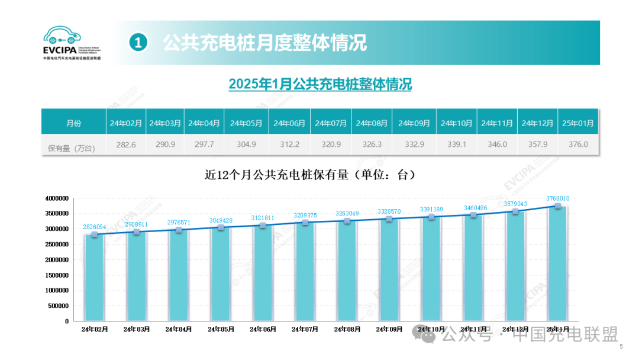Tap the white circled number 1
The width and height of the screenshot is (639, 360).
pyautogui.click(x=138, y=43)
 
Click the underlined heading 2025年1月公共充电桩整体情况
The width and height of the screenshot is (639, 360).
pyautogui.click(x=320, y=84)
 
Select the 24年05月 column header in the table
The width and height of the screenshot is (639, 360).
pyautogui.click(x=246, y=123)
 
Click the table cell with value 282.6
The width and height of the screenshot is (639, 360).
pyautogui.click(x=125, y=144)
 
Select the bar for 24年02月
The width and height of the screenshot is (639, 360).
pyautogui.click(x=95, y=278)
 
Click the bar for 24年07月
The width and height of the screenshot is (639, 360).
pyautogui.click(x=305, y=272)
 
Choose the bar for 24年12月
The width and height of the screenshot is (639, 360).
pyautogui.click(x=515, y=266)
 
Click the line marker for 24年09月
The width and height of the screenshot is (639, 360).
pyautogui.click(x=389, y=219)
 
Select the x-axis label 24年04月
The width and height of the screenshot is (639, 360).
pyautogui.click(x=179, y=329)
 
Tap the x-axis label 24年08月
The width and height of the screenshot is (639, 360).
pyautogui.click(x=347, y=329)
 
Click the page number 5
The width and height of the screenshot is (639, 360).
pyautogui.click(x=621, y=347)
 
